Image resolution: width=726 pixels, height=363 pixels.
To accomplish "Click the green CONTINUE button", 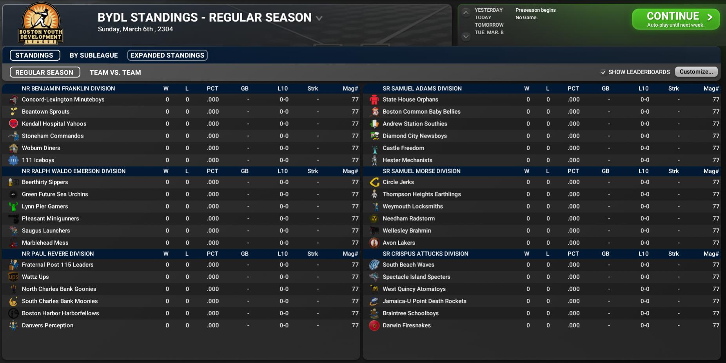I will coord(675,19).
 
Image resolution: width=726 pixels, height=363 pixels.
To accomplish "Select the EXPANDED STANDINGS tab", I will coord(167,55).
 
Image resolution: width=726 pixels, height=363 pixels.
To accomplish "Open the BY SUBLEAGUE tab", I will coord(94,55).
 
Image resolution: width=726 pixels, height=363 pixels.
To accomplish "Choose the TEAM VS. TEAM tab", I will coord(115,73).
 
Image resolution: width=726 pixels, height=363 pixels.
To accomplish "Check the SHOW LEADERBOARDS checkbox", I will coord(603,72).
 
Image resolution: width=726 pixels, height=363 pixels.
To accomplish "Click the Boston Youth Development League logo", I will coord(41,24).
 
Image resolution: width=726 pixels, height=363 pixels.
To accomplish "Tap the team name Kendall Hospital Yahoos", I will coord(54,124).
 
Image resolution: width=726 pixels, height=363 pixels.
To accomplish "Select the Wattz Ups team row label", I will coord(35,277).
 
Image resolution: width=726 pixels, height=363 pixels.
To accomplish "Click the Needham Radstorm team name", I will coord(408,218).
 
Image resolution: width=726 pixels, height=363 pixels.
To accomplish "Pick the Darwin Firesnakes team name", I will coord(407,325).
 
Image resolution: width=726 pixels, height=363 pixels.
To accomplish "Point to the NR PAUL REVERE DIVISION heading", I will coord(58,254).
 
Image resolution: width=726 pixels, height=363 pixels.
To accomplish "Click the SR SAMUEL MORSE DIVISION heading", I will coord(421,171).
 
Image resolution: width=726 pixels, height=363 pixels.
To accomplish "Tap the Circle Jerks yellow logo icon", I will coord(374,182).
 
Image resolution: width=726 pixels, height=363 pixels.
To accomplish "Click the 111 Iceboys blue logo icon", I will coord(13,160).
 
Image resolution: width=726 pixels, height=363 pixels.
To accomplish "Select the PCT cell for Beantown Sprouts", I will coord(213,112).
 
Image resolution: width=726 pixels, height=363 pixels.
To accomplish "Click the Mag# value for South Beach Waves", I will coord(716,265).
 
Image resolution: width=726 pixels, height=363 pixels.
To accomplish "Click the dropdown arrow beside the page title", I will coord(319,18).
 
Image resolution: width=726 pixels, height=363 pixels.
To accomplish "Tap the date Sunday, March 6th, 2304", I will coord(135,29).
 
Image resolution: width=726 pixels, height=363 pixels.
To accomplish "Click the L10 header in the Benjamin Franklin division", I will coord(283,89).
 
